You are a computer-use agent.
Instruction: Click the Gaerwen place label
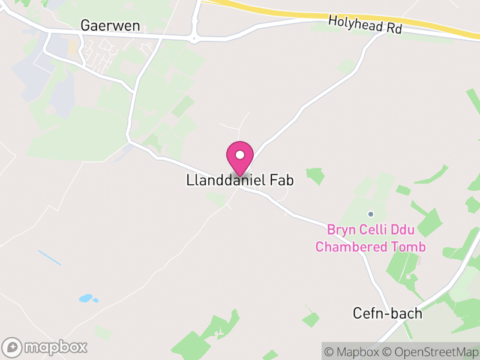tap(110, 25)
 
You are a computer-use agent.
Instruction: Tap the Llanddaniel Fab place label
tap(240, 181)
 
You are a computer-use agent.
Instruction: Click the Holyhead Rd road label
tap(365, 25)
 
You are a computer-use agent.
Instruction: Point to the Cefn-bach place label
tap(387, 313)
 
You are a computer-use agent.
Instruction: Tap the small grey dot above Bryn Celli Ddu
tap(371, 214)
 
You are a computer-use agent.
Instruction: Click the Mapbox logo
tap(46, 347)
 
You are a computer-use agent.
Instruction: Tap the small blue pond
tap(86, 298)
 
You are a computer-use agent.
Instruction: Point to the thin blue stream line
tap(49, 257)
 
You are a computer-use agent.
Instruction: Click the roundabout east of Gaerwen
tap(194, 38)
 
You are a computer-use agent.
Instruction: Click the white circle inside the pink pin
tap(240, 155)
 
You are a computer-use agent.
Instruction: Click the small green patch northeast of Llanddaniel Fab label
tap(315, 176)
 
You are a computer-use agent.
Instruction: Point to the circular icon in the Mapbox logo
tap(13, 347)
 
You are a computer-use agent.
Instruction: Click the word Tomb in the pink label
tap(413, 247)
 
